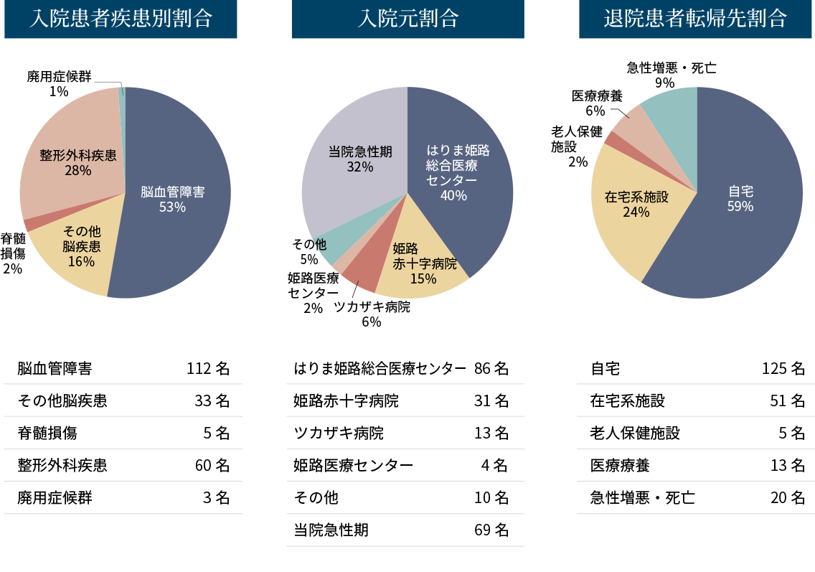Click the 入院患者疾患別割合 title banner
point(121,19)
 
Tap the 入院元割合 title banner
point(407,19)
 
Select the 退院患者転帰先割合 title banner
point(694,19)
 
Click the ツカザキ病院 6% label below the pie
point(372,314)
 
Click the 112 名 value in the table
point(208,369)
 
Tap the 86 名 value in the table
point(491,369)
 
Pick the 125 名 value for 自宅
point(783,369)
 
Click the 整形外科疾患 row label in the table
point(62,465)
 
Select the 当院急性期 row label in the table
point(331,530)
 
